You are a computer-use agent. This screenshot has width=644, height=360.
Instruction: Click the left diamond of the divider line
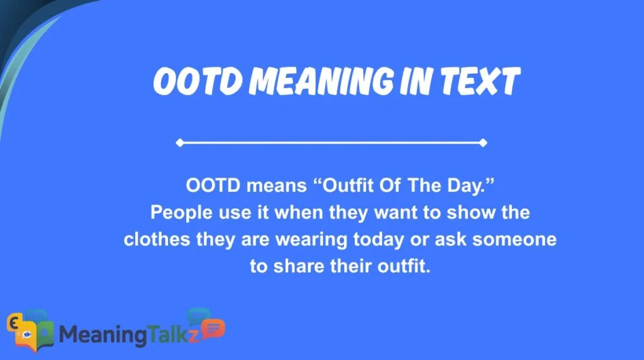coord(179,143)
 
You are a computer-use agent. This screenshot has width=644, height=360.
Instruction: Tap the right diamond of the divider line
coord(483,143)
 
